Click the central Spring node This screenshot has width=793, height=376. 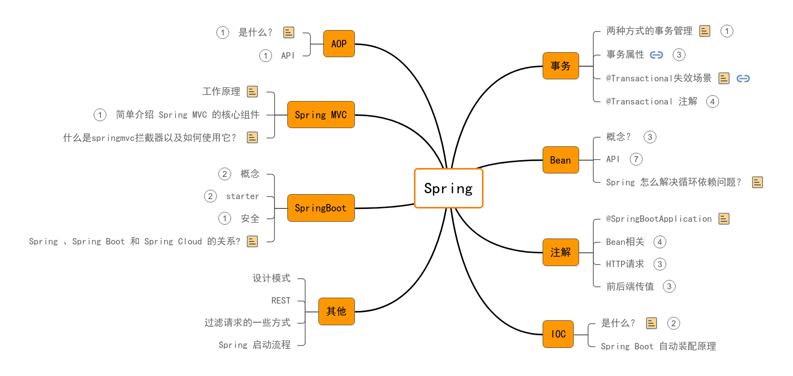(448, 188)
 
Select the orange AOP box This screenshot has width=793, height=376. (339, 44)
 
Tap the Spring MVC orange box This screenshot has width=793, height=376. (321, 115)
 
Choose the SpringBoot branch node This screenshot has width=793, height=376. (321, 208)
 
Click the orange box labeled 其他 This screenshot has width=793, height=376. (337, 311)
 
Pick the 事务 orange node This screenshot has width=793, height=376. (561, 66)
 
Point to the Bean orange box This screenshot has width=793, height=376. (561, 160)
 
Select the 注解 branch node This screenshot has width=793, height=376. (561, 252)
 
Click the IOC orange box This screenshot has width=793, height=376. (558, 334)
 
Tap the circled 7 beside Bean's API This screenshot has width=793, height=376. (636, 159)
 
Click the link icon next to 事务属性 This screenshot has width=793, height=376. (656, 55)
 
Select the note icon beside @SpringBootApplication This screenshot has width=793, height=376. (724, 219)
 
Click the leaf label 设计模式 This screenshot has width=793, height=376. (272, 278)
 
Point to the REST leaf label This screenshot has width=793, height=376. (281, 301)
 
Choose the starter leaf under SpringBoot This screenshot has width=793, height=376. (242, 196)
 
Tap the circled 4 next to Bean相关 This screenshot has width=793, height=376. (660, 242)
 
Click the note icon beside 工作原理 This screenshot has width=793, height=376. (252, 92)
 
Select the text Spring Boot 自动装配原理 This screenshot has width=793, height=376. (658, 346)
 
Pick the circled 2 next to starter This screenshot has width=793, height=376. (210, 196)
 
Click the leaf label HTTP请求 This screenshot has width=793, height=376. (625, 264)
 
